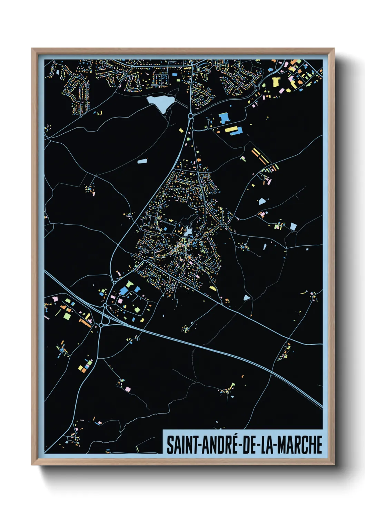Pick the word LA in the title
tap(268, 445)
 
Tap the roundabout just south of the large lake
tap(190, 116)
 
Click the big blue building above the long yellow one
tap(225, 118)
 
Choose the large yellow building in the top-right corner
tap(276, 82)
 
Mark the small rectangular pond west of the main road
tap(142, 161)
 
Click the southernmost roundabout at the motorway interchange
tap(101, 325)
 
